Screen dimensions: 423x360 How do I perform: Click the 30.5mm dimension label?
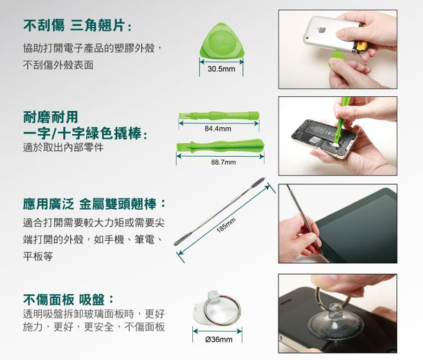click(221, 69)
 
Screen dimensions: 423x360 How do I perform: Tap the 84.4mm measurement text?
click(218, 129)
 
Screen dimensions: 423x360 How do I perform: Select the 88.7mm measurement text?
click(223, 162)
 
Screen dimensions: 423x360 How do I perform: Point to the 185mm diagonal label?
click(226, 225)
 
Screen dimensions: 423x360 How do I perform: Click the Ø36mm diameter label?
click(218, 339)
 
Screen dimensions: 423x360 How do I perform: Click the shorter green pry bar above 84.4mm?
click(219, 116)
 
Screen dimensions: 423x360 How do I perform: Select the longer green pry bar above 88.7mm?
click(220, 146)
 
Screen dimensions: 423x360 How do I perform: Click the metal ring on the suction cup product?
click(222, 310)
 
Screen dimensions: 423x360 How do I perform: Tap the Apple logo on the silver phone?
click(321, 29)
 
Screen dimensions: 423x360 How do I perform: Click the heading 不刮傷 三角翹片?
click(77, 26)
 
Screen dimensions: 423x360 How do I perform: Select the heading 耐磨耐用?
click(51, 117)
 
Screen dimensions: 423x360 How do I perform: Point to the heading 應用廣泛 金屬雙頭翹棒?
click(94, 204)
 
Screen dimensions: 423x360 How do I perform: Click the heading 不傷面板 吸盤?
click(68, 300)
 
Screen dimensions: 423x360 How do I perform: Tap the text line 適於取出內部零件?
click(63, 148)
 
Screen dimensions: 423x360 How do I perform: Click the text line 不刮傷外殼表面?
click(58, 65)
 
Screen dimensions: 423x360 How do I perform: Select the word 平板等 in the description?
click(38, 256)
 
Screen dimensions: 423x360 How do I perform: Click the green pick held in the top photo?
click(335, 60)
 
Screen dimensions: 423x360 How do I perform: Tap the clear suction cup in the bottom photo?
click(335, 322)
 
